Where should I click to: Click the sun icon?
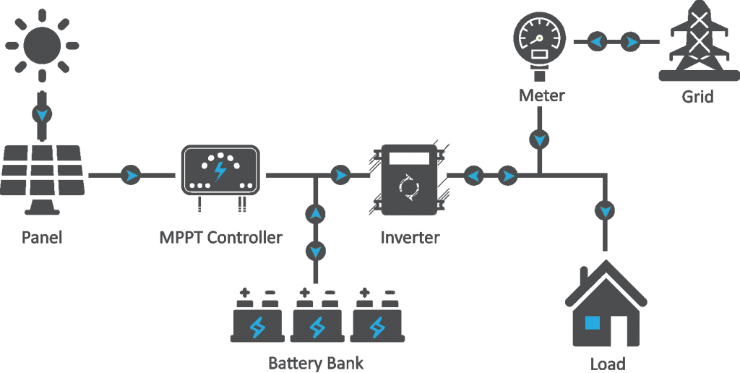pos(41,46)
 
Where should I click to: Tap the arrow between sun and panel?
pos(41,114)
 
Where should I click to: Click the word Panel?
pos(42,237)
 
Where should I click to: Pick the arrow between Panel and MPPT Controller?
pos(131,175)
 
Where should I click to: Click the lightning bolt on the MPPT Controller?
pos(220,171)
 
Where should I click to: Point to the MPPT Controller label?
pos(221,237)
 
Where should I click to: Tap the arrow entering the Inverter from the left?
pos(340,175)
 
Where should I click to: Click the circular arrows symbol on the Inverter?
pos(409,186)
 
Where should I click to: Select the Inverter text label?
pos(410,237)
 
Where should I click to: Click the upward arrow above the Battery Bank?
pos(315,214)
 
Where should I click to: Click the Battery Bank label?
pos(316,363)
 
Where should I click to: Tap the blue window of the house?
pos(593,322)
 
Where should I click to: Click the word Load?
pos(608,364)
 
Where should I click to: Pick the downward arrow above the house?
pos(605,210)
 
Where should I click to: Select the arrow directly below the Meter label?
pos(539,140)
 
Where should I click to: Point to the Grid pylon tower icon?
pos(699,41)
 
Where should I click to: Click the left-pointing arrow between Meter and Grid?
pos(597,42)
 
